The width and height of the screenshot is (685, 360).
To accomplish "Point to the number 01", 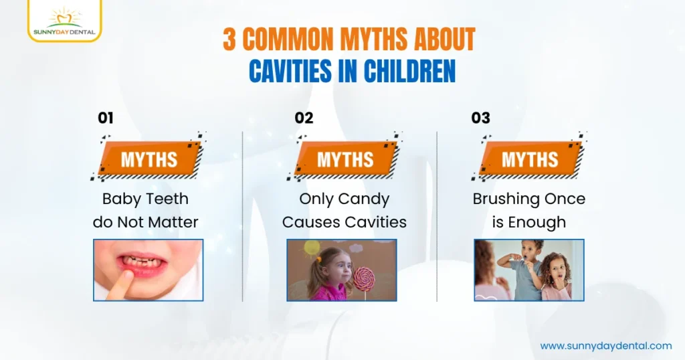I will click(x=106, y=118).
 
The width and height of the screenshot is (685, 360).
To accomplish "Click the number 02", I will click(x=304, y=118).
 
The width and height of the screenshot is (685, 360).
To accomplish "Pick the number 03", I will click(x=480, y=118).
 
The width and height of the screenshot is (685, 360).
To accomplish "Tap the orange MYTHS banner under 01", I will click(x=149, y=159).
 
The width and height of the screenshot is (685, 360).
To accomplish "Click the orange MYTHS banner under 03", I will click(x=529, y=159).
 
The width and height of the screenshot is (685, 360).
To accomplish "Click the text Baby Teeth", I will click(x=145, y=199).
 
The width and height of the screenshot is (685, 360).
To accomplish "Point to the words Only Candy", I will click(x=344, y=199).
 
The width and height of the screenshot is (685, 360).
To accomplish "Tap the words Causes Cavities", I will click(x=344, y=222).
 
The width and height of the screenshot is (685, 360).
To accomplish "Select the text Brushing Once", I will click(x=528, y=199).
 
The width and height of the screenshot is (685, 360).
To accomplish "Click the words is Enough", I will click(x=528, y=222).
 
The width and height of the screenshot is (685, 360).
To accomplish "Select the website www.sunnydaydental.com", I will click(x=605, y=346).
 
